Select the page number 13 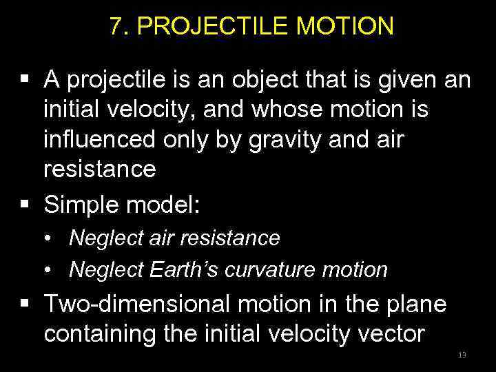point(462,355)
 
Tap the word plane point(414,303)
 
